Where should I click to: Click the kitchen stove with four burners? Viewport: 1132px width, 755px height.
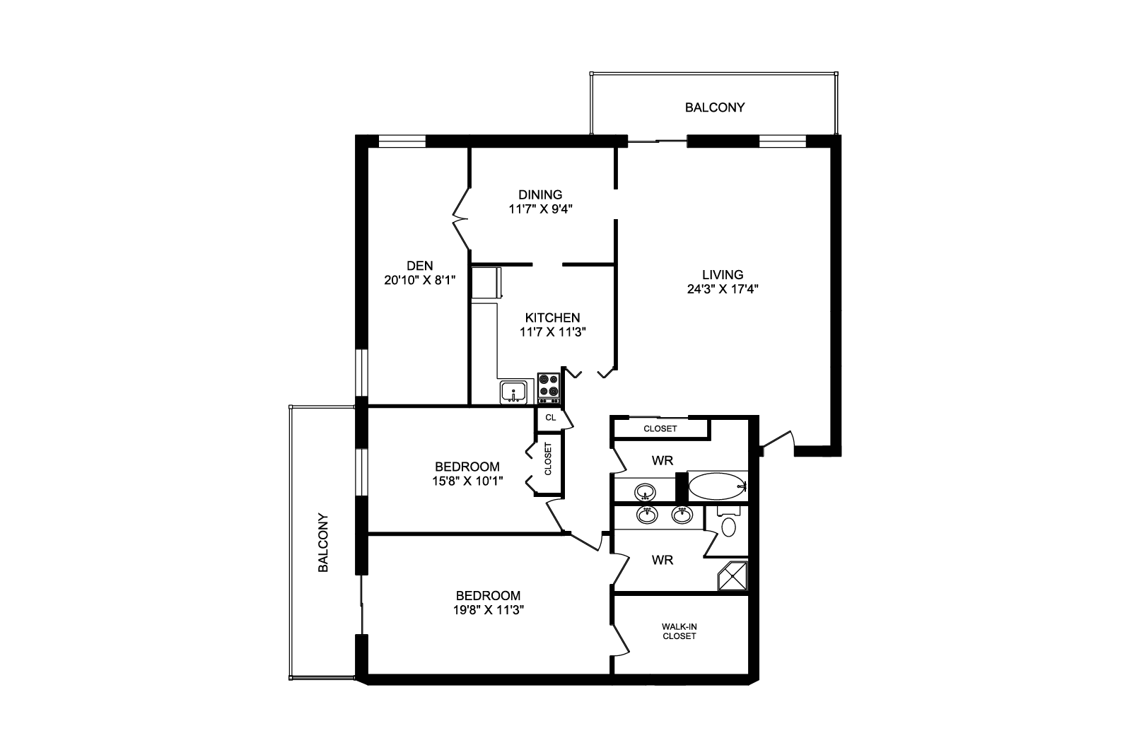click(x=548, y=387)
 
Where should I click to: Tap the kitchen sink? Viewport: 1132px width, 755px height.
click(x=513, y=392)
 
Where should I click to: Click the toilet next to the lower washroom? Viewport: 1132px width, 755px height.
click(x=728, y=524)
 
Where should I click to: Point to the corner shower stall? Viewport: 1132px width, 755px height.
click(x=733, y=575)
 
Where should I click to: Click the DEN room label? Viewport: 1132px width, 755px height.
click(x=419, y=266)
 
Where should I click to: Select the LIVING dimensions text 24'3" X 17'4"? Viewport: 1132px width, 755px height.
click(x=723, y=289)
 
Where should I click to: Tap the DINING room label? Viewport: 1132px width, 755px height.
click(x=540, y=194)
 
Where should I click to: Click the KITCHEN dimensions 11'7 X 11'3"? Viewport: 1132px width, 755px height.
click(x=552, y=332)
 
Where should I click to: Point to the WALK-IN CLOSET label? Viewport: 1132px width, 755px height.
click(x=679, y=631)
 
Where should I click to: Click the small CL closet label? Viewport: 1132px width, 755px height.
click(x=550, y=418)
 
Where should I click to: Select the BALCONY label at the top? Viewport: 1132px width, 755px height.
click(x=715, y=107)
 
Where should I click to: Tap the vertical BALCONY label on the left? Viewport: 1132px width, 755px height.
click(x=323, y=543)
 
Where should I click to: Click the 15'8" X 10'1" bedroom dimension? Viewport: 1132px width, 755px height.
click(x=467, y=481)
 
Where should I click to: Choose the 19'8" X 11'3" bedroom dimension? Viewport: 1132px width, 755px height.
click(x=488, y=610)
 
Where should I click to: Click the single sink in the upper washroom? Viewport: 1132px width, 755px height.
click(x=645, y=491)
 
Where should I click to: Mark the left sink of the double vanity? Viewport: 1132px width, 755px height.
click(x=647, y=515)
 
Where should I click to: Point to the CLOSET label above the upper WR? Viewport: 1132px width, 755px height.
click(x=660, y=428)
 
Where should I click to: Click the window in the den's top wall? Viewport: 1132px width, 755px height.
click(x=402, y=141)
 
